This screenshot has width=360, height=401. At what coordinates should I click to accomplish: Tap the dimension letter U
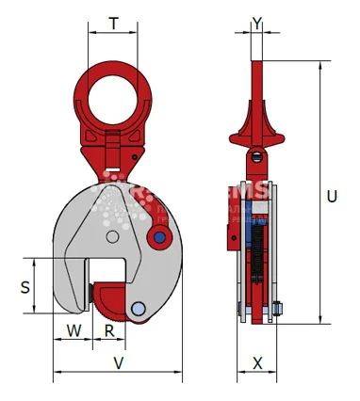coord(331,197)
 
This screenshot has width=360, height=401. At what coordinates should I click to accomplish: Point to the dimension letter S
coord(25,286)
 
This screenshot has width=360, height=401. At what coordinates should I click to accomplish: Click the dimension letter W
coord(74,330)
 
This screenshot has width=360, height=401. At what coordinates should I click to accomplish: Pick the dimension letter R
coord(109,330)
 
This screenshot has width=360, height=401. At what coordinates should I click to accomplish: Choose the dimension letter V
coord(118,362)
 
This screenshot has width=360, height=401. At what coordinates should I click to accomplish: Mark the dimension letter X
coord(257,362)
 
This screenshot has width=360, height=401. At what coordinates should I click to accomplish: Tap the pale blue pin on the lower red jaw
coord(139,309)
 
